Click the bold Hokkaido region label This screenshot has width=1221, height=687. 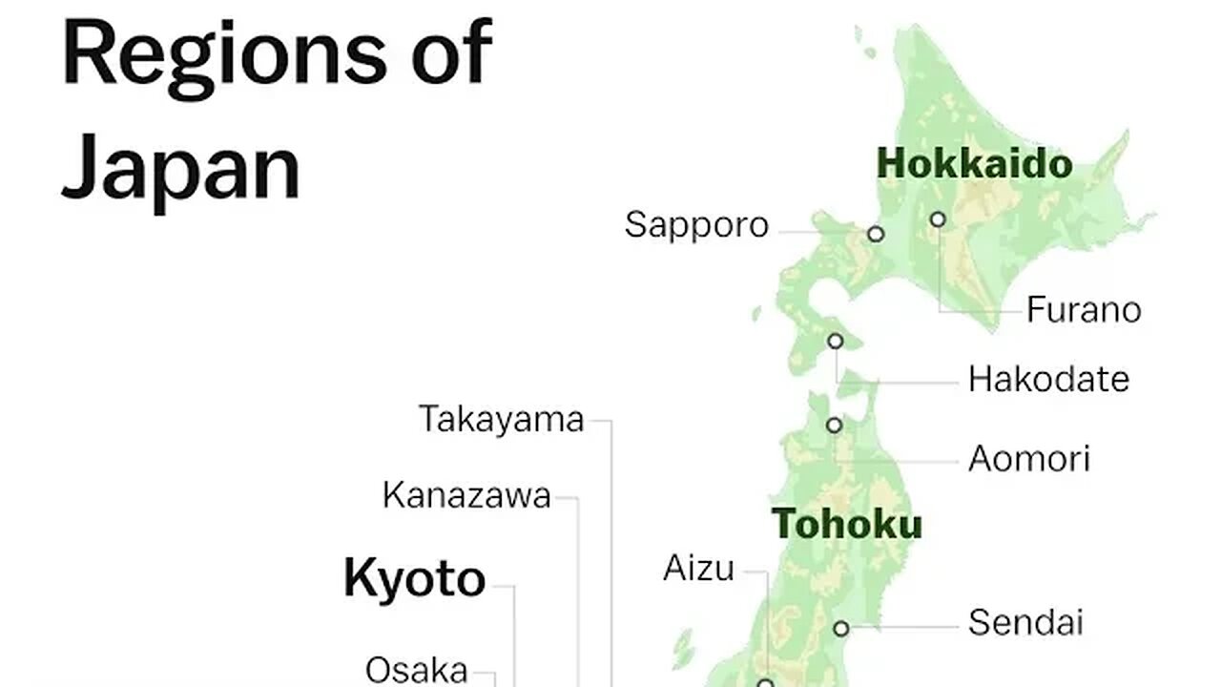974,164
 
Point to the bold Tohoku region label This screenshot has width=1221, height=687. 847,524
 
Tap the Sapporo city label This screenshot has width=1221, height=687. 696,226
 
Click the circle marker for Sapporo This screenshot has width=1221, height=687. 875,234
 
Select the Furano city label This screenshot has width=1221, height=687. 1084,310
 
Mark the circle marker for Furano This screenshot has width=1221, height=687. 938,219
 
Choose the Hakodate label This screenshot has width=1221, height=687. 1048,380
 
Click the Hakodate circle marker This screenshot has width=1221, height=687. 836,341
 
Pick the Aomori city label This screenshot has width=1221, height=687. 1029,460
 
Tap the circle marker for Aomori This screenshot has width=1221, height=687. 835,425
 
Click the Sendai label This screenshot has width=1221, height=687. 1025,623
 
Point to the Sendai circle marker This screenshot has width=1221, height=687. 840,628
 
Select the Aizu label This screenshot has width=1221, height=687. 699,570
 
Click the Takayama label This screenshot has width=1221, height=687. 502,420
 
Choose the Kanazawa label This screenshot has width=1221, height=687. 467,496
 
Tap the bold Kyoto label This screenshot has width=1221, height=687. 414,579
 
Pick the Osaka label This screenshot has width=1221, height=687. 417,670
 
